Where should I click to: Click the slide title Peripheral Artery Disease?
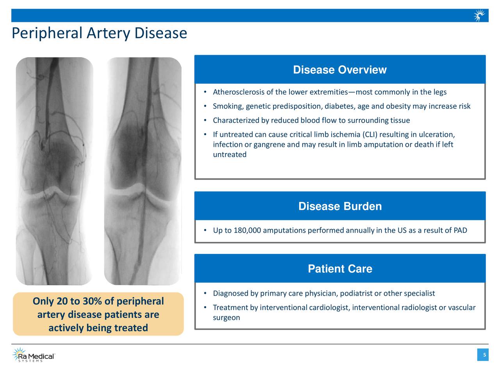pyautogui.click(x=99, y=33)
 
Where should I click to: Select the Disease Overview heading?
pyautogui.click(x=340, y=70)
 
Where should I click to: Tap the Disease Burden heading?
pyautogui.click(x=340, y=206)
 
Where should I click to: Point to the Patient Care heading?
pyautogui.click(x=340, y=269)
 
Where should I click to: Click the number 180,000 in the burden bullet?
pyautogui.click(x=247, y=230)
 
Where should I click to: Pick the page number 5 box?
pyautogui.click(x=484, y=355)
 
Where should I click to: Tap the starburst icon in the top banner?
pyautogui.click(x=479, y=16)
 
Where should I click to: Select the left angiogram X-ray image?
pyautogui.click(x=54, y=171)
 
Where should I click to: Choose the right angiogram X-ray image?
pyautogui.click(x=143, y=171)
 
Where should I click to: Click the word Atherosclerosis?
pyautogui.click(x=238, y=92)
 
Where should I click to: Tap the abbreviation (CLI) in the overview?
pyautogui.click(x=370, y=135)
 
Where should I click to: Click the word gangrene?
pyautogui.click(x=269, y=145)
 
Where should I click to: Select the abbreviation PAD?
pyautogui.click(x=460, y=230)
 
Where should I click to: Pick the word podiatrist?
pyautogui.click(x=356, y=293)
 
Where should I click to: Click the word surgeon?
pyautogui.click(x=226, y=318)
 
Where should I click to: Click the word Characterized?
pyautogui.click(x=236, y=120)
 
